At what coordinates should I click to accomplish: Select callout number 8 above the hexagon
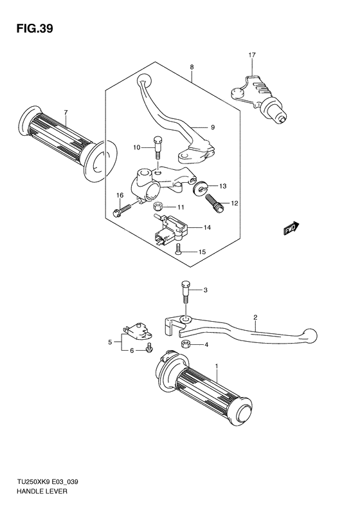(x=191, y=67)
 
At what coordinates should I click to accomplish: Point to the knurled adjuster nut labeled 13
(x=199, y=188)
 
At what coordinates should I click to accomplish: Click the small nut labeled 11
(x=158, y=207)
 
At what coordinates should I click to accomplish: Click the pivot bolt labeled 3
(x=186, y=294)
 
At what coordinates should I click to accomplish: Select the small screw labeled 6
(x=150, y=349)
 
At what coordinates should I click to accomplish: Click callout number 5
(x=110, y=341)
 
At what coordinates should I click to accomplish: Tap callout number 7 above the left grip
(x=65, y=113)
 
